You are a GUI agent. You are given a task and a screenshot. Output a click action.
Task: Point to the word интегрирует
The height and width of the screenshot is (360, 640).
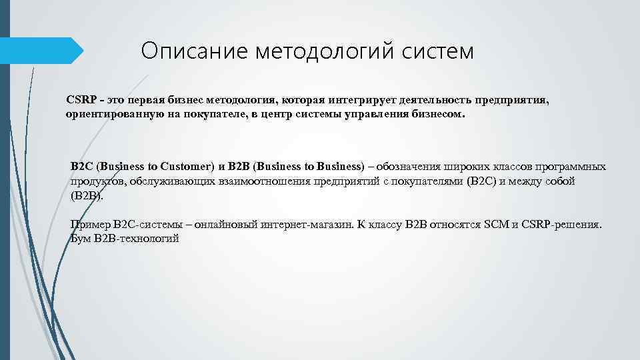click(x=359, y=100)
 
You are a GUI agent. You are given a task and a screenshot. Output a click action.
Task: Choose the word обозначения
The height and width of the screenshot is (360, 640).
click(x=408, y=166)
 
